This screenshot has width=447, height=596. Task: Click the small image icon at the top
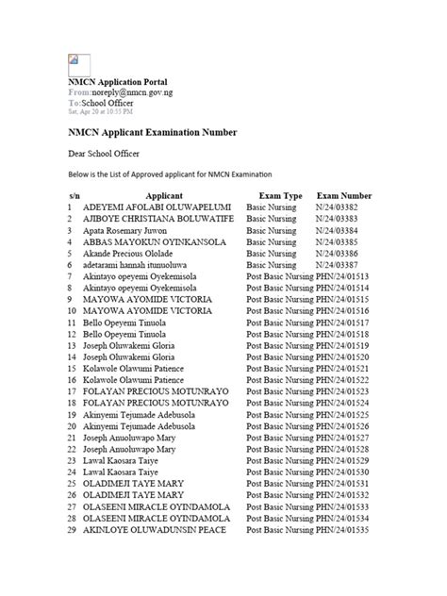click(x=74, y=62)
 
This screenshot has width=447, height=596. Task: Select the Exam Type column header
click(x=280, y=193)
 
